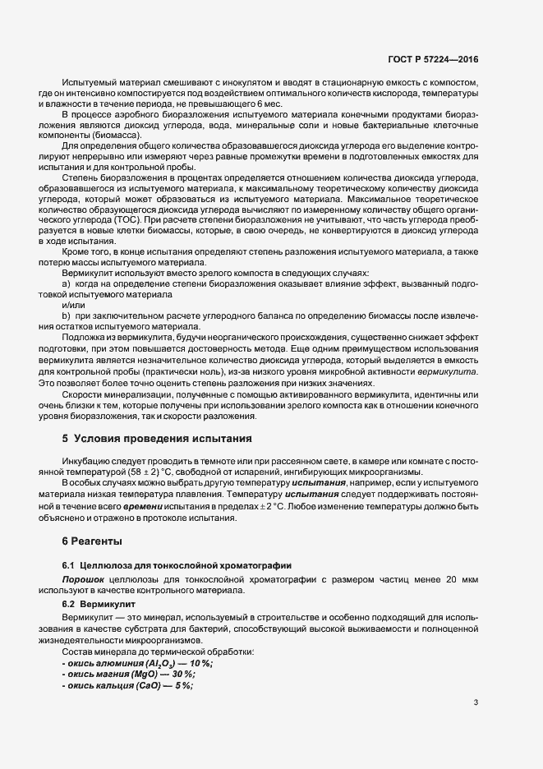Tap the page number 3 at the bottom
point(476,702)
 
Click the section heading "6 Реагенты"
point(92,541)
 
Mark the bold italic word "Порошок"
point(81,580)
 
